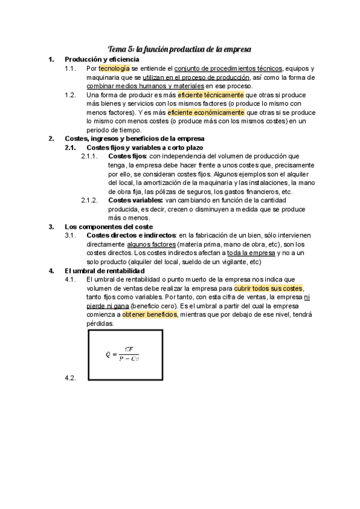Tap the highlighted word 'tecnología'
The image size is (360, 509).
[x=114, y=68]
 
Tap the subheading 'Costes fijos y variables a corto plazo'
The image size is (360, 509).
[x=145, y=148]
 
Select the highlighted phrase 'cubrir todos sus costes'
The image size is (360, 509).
[x=268, y=288]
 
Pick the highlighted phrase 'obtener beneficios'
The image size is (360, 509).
[x=150, y=315]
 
